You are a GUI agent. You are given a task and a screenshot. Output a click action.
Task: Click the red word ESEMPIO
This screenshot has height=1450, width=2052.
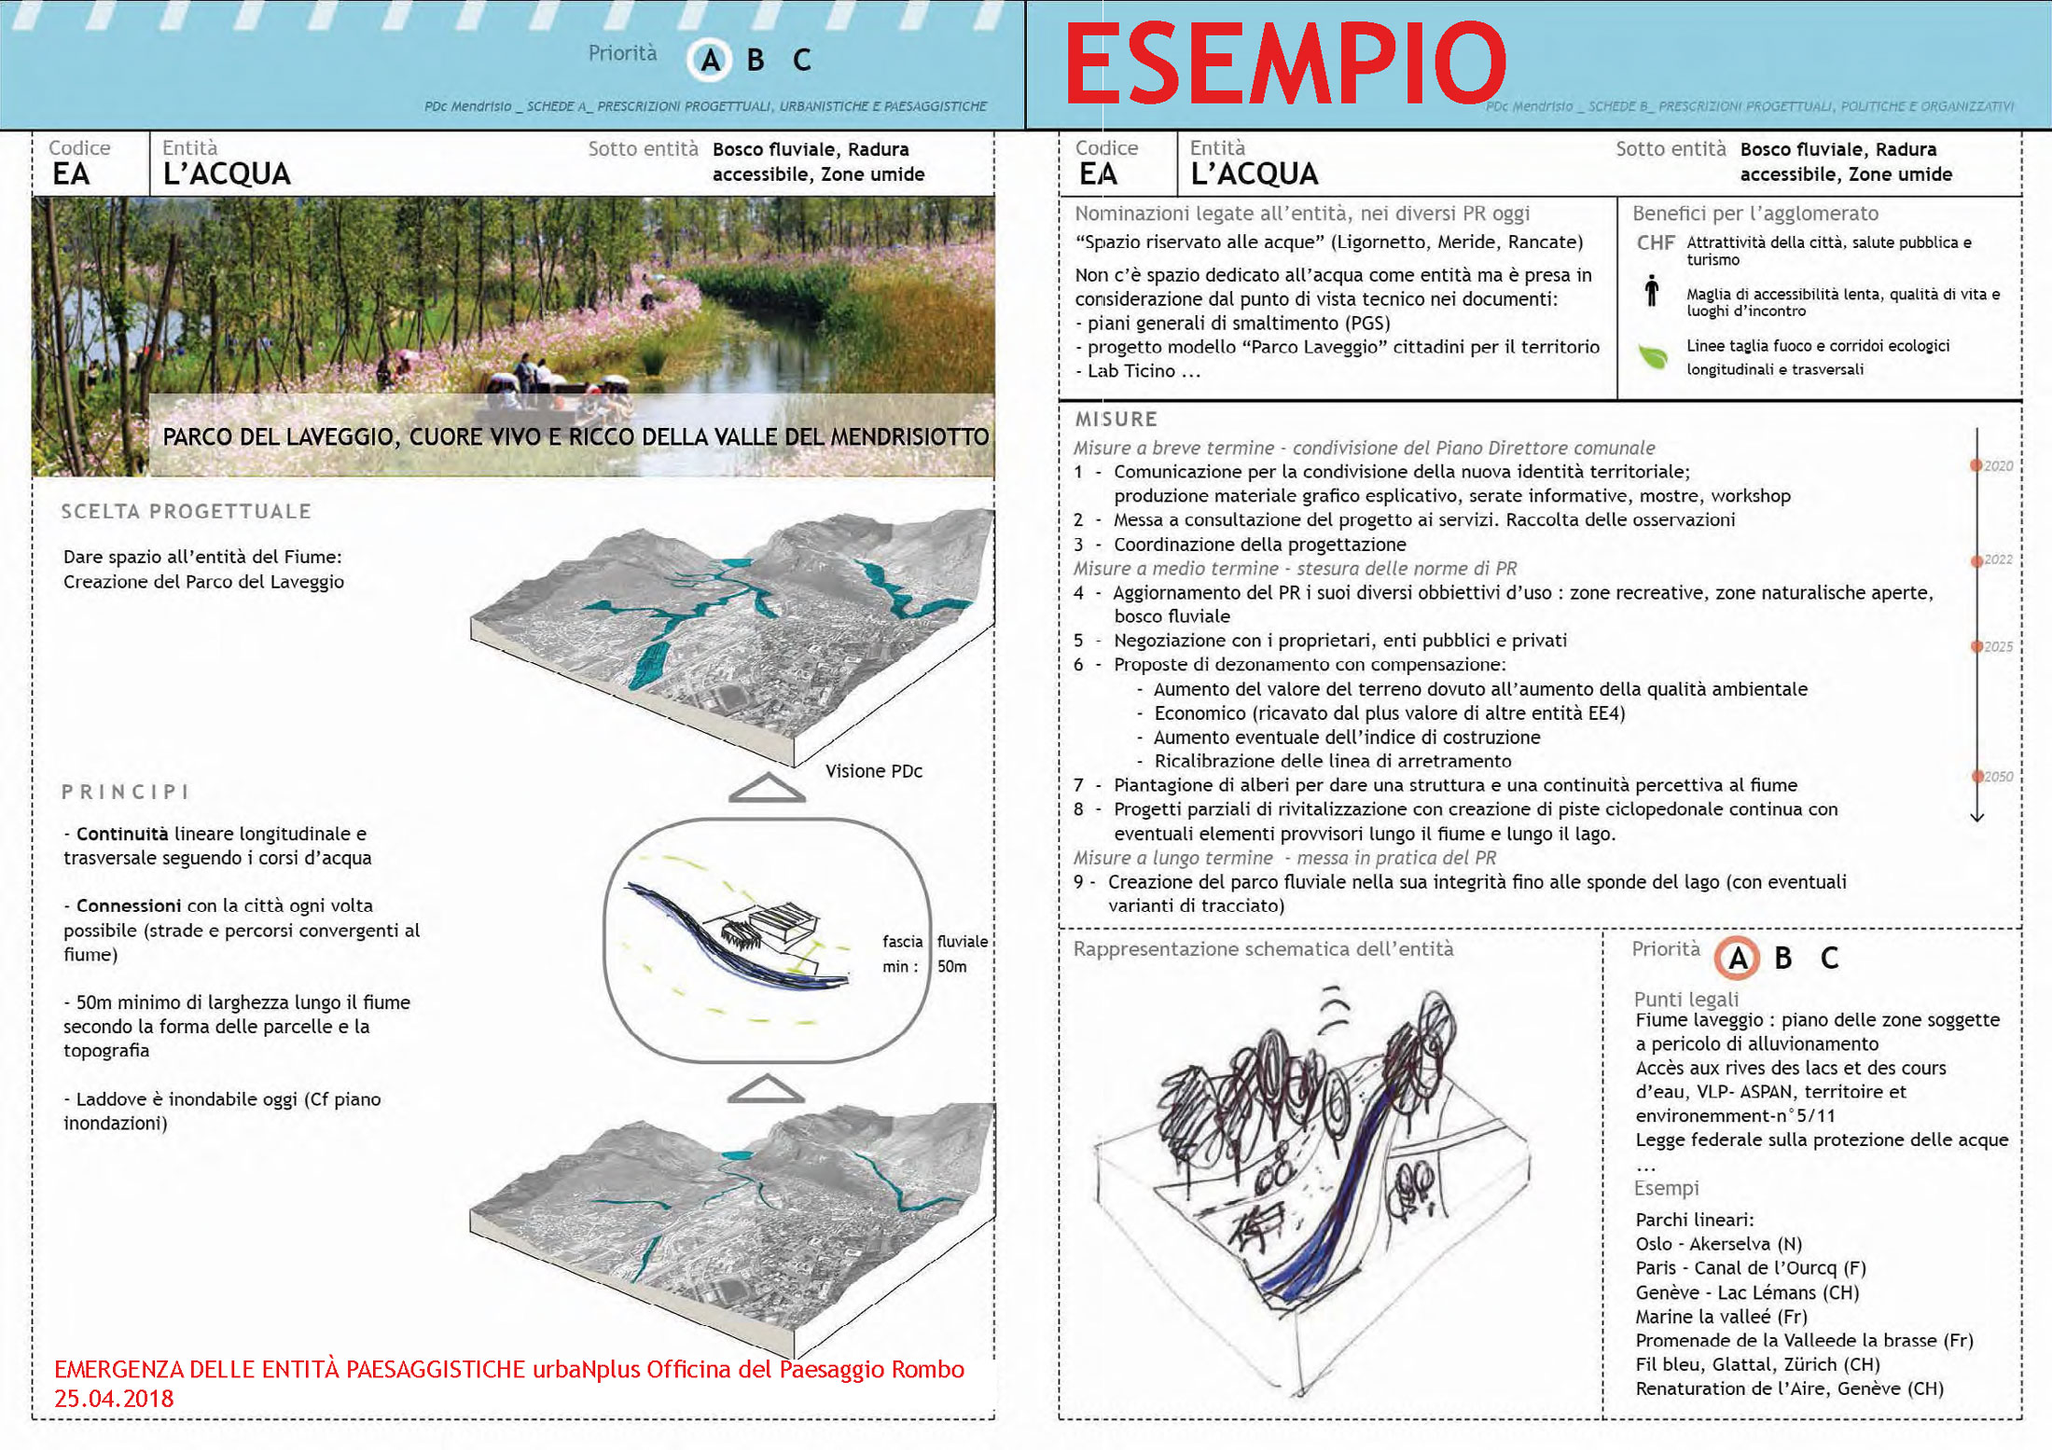(1285, 63)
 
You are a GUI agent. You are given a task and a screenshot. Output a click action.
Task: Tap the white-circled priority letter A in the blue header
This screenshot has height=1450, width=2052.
(710, 61)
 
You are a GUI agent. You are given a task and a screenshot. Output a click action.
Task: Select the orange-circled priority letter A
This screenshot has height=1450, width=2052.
(1738, 958)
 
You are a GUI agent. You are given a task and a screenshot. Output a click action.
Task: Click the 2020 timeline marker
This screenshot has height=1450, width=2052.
(1976, 465)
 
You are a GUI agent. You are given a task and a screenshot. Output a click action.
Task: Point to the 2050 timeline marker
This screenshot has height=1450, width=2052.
(1976, 776)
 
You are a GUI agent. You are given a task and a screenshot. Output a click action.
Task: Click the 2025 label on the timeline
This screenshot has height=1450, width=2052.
(1998, 646)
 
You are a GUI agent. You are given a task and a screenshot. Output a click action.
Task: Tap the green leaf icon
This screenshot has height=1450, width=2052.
(1653, 356)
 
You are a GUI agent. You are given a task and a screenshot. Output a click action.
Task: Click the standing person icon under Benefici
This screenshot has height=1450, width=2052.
(1652, 291)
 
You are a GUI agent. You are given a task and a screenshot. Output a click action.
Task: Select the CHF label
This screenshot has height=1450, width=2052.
(1656, 242)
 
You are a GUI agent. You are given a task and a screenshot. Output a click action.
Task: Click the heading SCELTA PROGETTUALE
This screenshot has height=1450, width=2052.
(187, 511)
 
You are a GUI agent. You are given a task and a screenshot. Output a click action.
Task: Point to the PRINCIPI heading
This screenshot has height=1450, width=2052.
(126, 792)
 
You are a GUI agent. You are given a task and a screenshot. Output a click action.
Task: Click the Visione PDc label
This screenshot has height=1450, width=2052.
(873, 771)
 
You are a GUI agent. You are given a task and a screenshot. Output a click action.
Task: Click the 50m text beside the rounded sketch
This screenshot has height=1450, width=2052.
(951, 966)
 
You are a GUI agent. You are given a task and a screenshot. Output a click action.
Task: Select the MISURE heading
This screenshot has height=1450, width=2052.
(1116, 420)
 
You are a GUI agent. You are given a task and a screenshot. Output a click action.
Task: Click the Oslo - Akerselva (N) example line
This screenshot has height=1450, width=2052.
(1718, 1244)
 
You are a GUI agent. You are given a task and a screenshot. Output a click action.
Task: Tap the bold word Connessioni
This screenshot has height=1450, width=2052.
(129, 905)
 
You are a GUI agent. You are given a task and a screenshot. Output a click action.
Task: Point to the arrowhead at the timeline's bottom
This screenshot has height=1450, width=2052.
(1976, 817)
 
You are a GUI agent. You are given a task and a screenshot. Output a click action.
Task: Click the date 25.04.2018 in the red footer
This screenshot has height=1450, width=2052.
(114, 1399)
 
